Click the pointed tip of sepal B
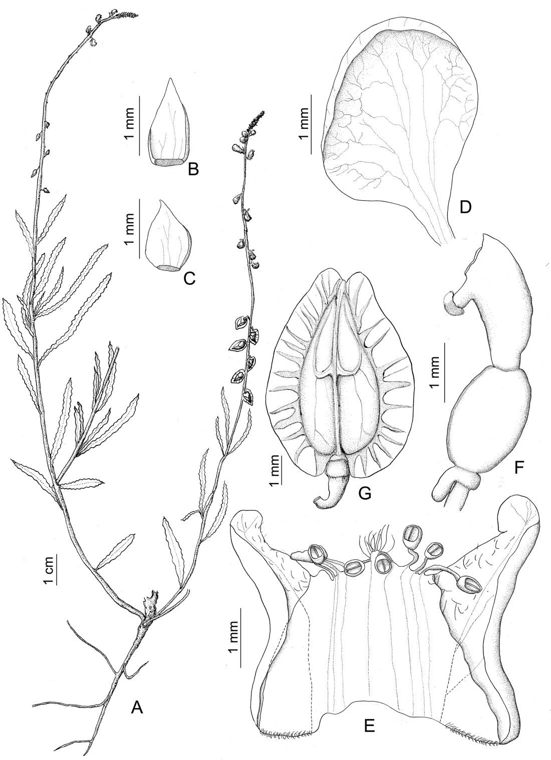coord(169,79)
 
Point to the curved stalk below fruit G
coord(326,493)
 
